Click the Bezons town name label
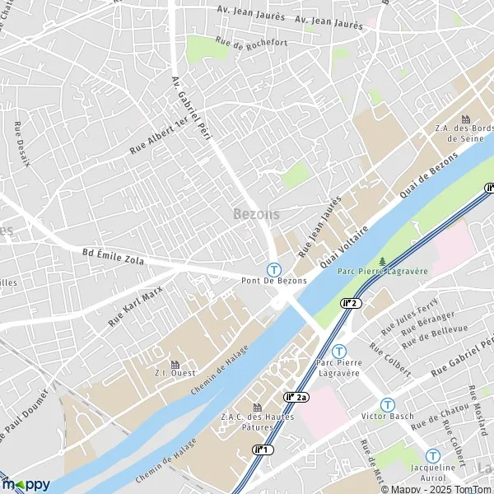point(256,214)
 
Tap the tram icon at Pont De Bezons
point(273,268)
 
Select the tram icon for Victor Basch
point(387,404)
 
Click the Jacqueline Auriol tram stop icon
point(433,455)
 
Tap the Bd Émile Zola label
point(114,257)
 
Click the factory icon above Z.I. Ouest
point(175,365)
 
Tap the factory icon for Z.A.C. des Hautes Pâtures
point(257,408)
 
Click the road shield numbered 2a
point(296,398)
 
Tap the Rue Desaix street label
point(22,145)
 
